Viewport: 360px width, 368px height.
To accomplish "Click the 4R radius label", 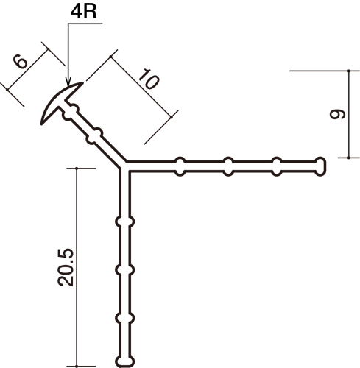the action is (x=83, y=11).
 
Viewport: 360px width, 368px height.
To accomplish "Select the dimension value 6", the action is (x=21, y=62).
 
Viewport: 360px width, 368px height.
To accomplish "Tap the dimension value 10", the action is (x=148, y=79).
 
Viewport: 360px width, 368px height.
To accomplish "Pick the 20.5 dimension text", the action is (x=66, y=267).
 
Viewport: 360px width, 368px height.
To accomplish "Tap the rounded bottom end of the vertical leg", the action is (x=125, y=361).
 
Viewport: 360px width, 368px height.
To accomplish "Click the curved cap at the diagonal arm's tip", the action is (x=60, y=101).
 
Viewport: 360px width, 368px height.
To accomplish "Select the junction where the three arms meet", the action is (x=124, y=166).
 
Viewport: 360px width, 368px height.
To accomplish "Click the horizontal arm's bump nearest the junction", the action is (x=180, y=166).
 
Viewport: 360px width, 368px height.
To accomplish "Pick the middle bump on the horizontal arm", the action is (x=228, y=166).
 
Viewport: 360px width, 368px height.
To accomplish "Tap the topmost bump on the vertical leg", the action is (x=125, y=222).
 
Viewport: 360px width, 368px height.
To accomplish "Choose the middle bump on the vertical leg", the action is (x=125, y=270).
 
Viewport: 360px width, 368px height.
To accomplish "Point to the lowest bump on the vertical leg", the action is (x=125, y=318).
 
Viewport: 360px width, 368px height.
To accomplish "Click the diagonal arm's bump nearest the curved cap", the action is (x=71, y=112).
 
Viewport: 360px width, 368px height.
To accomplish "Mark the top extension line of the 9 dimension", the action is (x=325, y=71).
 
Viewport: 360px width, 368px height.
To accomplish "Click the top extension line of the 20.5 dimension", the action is (x=81, y=169).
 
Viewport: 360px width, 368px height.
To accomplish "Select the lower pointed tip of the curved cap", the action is (x=42, y=124).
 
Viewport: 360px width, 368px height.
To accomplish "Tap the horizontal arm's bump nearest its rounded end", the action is (x=277, y=166).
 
